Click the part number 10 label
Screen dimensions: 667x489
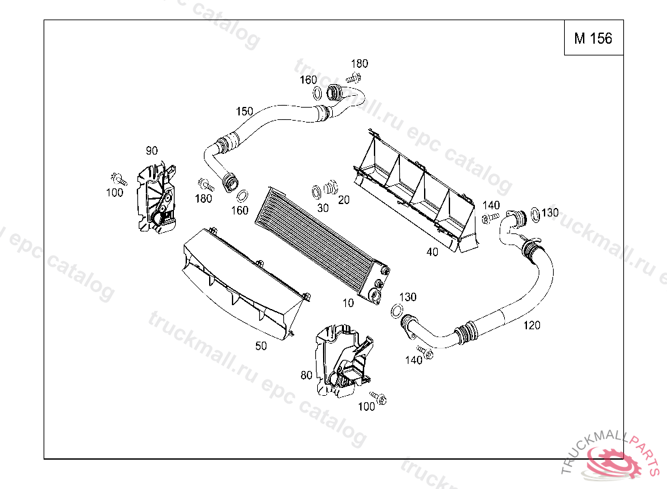tap(348, 303)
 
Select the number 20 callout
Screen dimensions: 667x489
tap(344, 200)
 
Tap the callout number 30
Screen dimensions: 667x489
tap(323, 208)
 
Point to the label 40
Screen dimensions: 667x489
tap(432, 252)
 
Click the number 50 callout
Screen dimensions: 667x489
tap(261, 346)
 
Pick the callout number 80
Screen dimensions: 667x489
tap(306, 375)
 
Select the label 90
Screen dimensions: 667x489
tap(152, 151)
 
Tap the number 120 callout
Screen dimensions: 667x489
tap(532, 325)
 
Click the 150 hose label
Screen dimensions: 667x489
tap(244, 111)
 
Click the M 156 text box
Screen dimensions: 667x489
tap(593, 38)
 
